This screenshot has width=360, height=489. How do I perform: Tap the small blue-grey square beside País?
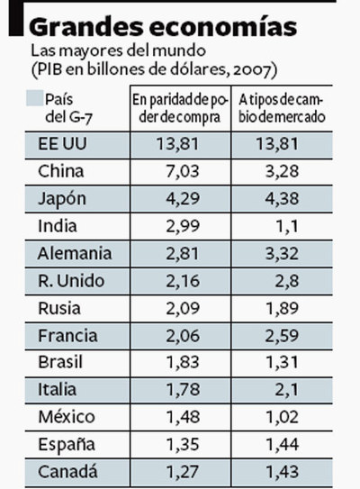click(x=34, y=98)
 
